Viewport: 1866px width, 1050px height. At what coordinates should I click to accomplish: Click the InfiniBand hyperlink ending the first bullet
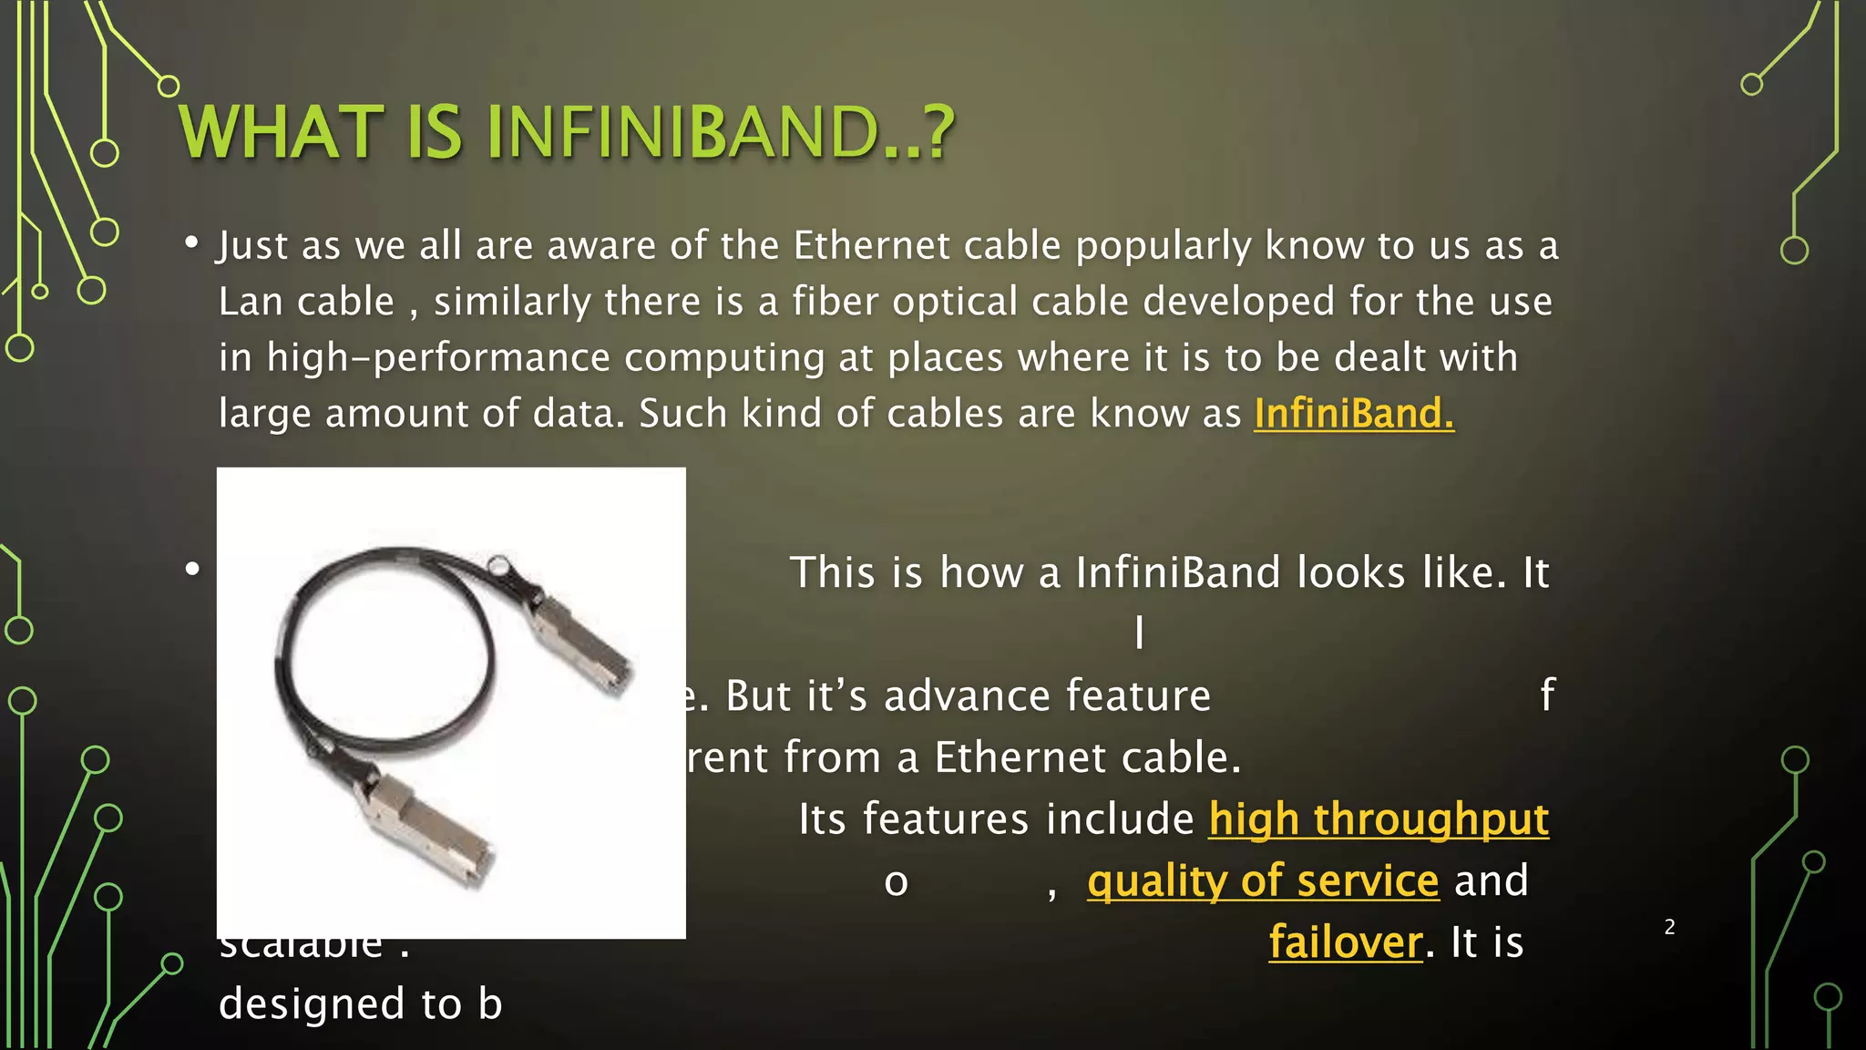(x=1354, y=414)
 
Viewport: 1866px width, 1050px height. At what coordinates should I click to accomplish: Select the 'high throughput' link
(x=1379, y=818)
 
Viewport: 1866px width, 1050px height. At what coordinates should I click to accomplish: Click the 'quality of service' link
(x=1263, y=880)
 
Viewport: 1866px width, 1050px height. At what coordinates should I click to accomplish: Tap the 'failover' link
(x=1346, y=942)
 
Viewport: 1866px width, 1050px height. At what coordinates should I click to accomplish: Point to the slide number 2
(x=1669, y=927)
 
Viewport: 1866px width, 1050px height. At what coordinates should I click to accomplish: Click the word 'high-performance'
(x=437, y=357)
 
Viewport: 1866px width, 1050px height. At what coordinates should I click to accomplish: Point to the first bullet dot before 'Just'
(x=191, y=242)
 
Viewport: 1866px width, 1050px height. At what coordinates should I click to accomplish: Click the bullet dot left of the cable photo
(x=192, y=570)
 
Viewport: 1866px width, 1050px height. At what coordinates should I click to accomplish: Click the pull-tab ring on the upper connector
(x=499, y=565)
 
